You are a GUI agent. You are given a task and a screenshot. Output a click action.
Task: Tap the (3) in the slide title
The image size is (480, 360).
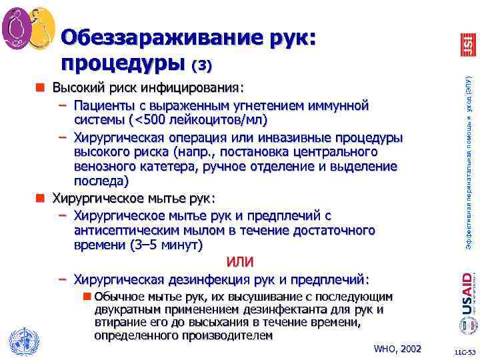pyautogui.click(x=201, y=66)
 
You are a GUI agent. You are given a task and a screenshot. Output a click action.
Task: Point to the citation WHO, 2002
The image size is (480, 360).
pyautogui.click(x=397, y=349)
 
